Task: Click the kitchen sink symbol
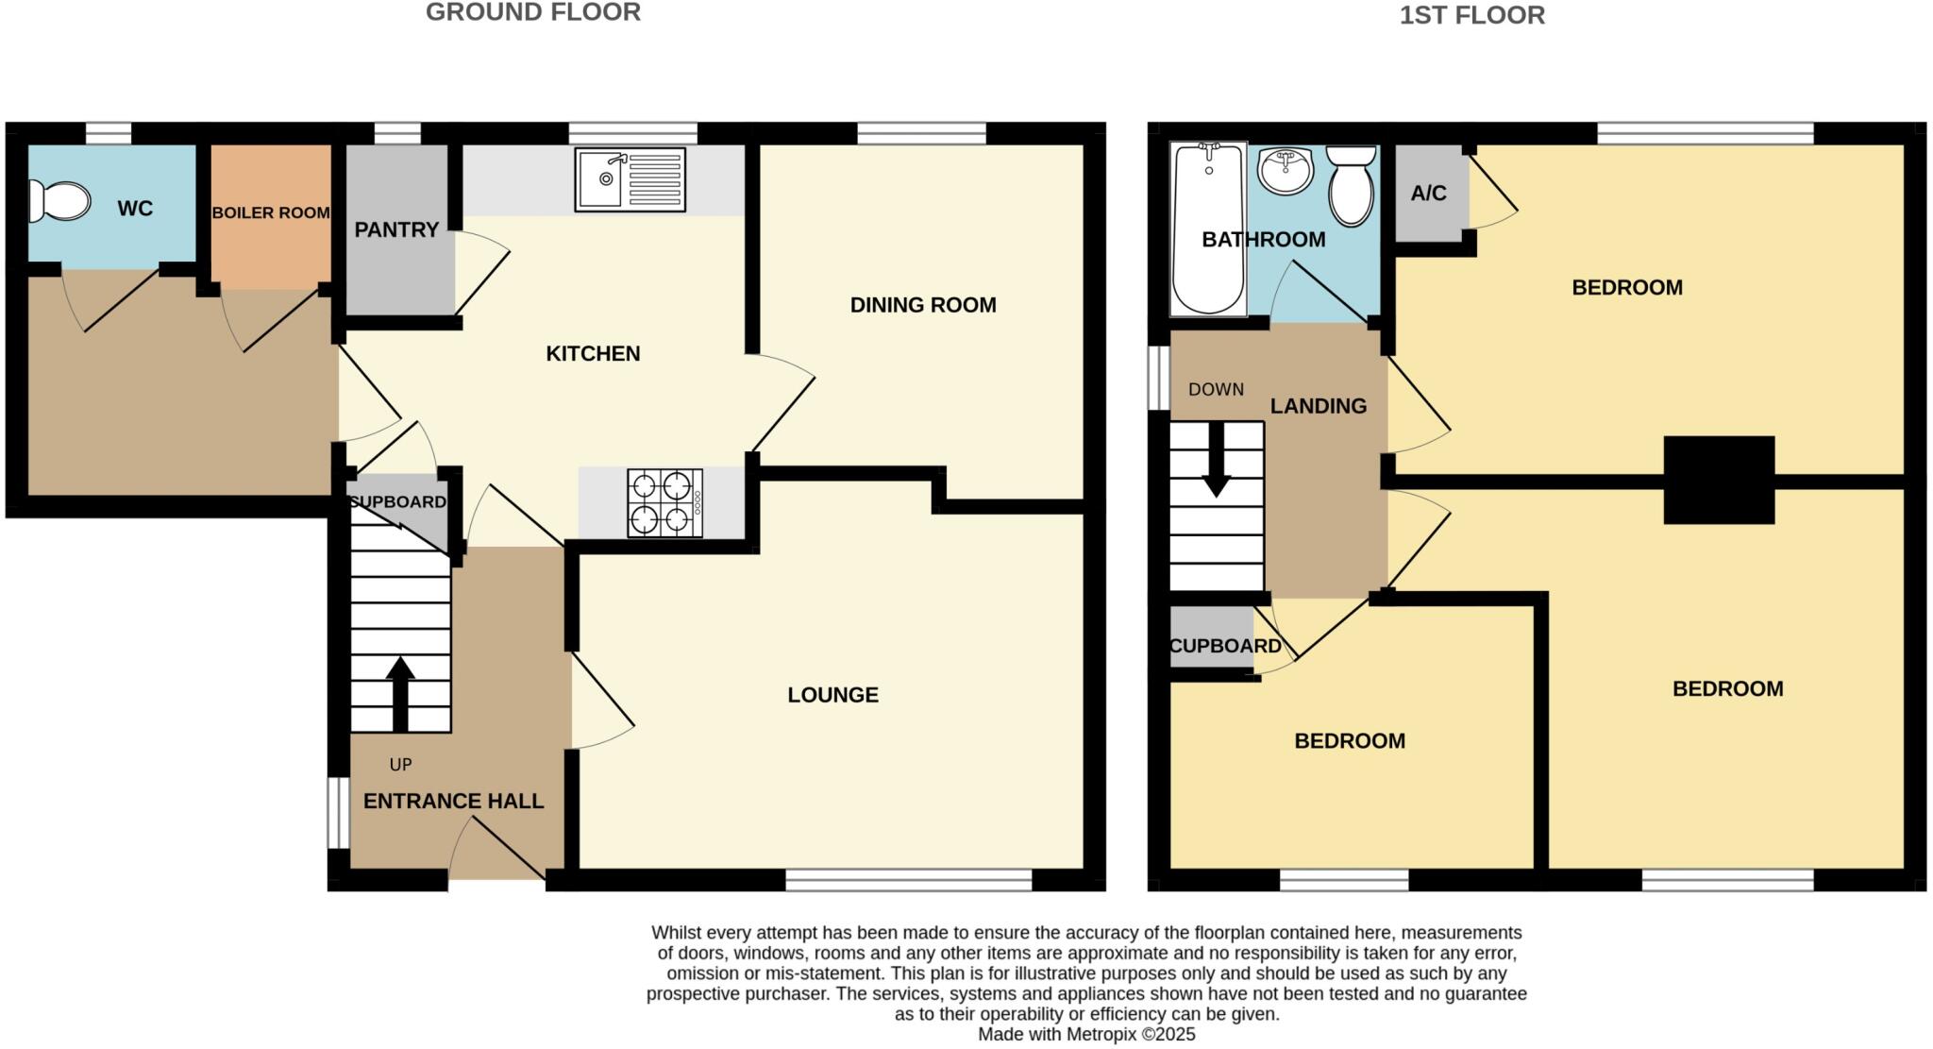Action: (630, 179)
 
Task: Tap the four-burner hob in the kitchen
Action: (664, 503)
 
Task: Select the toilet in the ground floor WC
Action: (59, 201)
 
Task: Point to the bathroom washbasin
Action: (1286, 171)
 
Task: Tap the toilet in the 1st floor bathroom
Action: (1351, 185)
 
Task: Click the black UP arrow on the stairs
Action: (400, 693)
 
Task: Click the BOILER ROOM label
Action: (271, 212)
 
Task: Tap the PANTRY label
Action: (396, 229)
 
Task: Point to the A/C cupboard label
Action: (1428, 194)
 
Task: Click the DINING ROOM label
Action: (922, 305)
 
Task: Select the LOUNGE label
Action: (832, 695)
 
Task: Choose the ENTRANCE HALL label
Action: (453, 801)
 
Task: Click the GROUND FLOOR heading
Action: (532, 12)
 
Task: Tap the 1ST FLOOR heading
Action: (1471, 15)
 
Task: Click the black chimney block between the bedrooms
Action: (1718, 480)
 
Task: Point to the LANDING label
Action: (1318, 406)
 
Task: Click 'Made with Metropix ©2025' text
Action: (1085, 1034)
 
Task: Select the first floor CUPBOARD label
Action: (1224, 646)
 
